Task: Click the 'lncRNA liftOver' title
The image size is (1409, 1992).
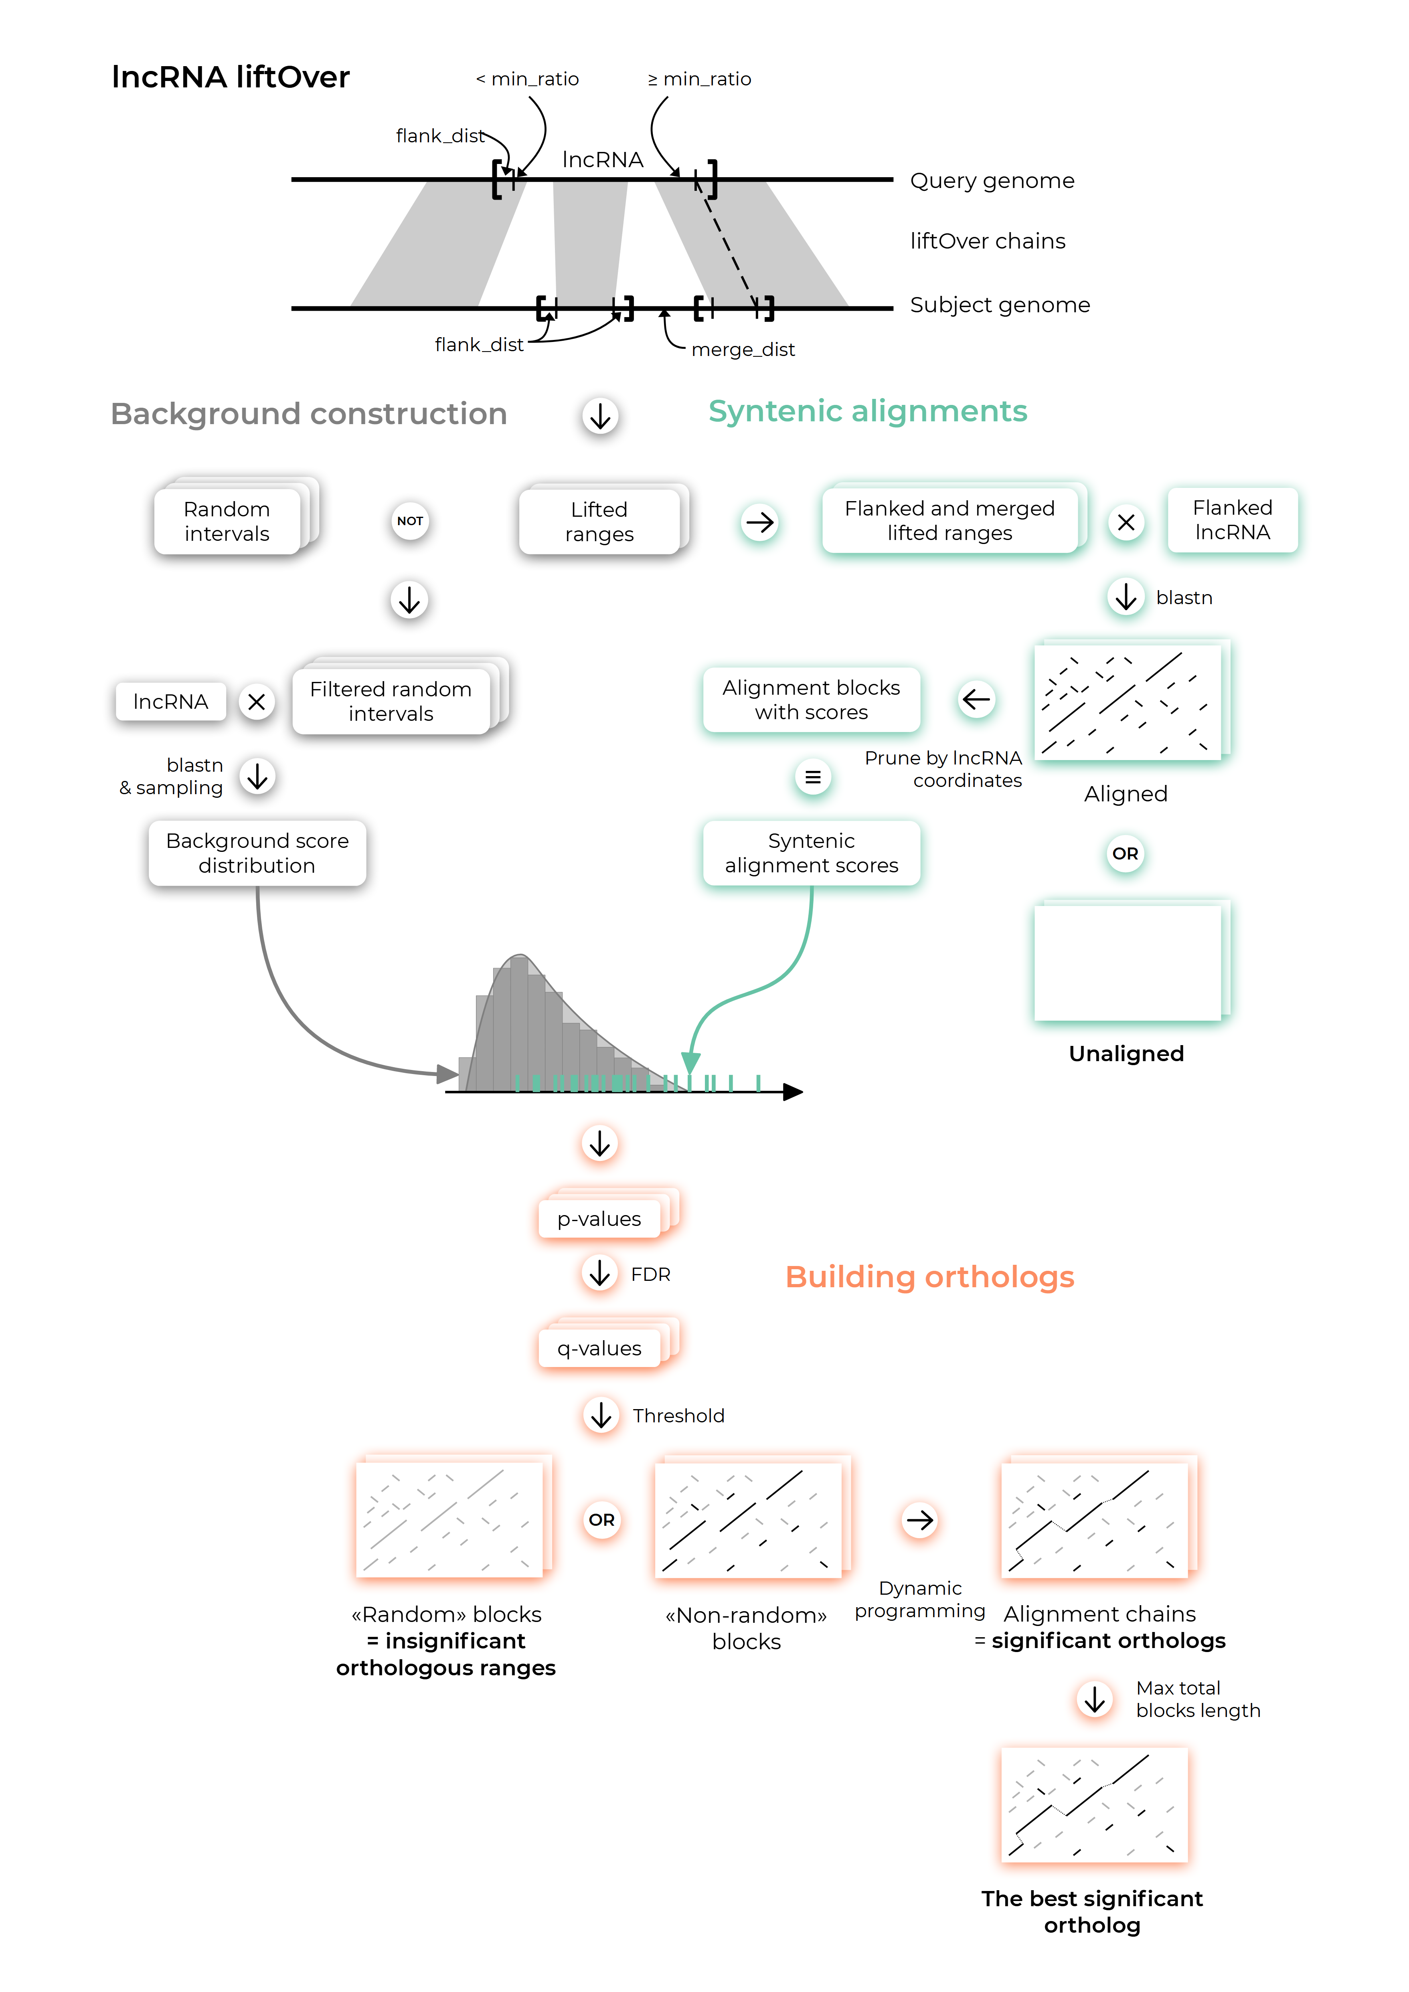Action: coord(231,77)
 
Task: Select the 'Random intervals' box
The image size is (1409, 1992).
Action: coord(227,521)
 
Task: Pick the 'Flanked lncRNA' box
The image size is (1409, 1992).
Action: coord(1232,520)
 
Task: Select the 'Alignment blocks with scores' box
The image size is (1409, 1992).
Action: coord(811,699)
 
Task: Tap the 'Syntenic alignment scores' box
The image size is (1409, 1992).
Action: coord(811,853)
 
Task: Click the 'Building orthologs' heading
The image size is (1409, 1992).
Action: coord(929,1276)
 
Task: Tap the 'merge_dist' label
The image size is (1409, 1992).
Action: coord(743,350)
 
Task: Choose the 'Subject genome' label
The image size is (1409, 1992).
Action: coord(1000,305)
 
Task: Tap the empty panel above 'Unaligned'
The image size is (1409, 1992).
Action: coord(1128,963)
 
